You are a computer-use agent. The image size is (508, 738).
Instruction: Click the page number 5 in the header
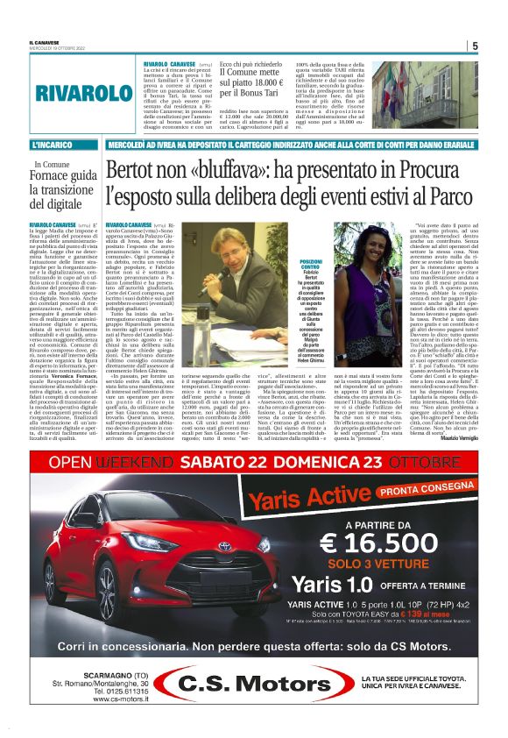click(x=475, y=46)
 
